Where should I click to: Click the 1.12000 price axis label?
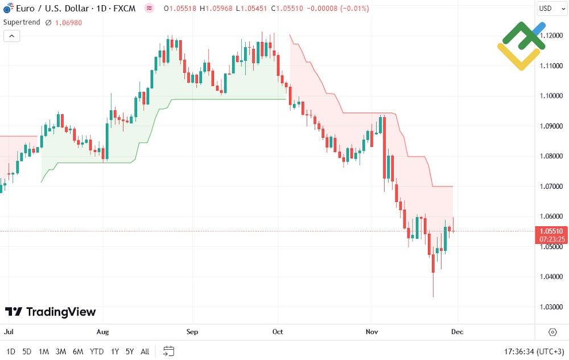pos(551,35)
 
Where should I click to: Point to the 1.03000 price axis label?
pos(551,307)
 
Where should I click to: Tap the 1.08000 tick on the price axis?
pos(551,156)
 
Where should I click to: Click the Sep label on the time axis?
pos(192,332)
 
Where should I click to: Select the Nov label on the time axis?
pos(372,332)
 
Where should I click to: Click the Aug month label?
pos(102,332)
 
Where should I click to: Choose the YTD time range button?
pos(97,351)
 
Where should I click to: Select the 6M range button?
pos(78,351)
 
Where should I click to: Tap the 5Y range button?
pos(130,351)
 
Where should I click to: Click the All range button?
pos(145,351)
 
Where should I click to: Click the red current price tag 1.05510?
pos(551,231)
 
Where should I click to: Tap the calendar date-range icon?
pos(168,351)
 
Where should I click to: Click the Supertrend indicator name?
pos(22,22)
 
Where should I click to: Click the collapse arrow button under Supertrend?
pos(11,36)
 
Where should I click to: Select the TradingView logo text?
pos(51,312)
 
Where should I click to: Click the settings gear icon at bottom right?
pos(552,332)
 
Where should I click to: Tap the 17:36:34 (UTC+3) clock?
pos(534,351)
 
